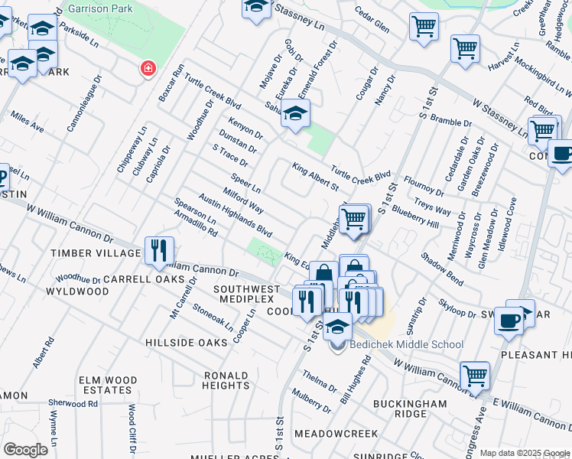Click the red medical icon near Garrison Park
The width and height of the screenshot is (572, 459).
coord(146,70)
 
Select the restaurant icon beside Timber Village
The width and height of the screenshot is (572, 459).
coord(159,249)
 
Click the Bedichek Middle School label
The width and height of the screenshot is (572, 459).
coord(406,345)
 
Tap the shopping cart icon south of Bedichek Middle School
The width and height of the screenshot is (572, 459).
coord(475,375)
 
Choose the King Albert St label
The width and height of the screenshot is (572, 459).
coord(315,177)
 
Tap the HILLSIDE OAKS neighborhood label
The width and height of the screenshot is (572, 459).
coord(187,343)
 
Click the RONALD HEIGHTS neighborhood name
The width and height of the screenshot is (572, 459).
coord(226,381)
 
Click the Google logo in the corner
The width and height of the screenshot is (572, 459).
coord(25,450)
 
